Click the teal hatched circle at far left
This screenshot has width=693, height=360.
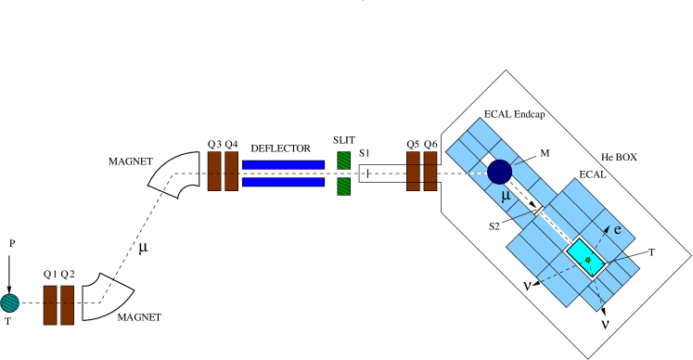pyautogui.click(x=9, y=302)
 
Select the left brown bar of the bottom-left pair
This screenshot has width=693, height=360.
pyautogui.click(x=50, y=304)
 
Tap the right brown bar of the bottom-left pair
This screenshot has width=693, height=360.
pyautogui.click(x=67, y=304)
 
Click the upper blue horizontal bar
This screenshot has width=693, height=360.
pyautogui.click(x=283, y=164)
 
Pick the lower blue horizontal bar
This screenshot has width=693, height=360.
pyautogui.click(x=283, y=182)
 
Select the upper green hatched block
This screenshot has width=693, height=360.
pyautogui.click(x=343, y=160)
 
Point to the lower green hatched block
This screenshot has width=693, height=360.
pyautogui.click(x=343, y=186)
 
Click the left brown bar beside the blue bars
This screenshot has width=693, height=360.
pyautogui.click(x=214, y=171)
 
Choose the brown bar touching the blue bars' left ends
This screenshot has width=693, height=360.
pyautogui.click(x=231, y=171)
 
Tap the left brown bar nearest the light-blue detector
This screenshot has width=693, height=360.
pyautogui.click(x=413, y=171)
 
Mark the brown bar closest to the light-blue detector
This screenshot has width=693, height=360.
pyautogui.click(x=430, y=171)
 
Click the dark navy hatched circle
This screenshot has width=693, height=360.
pyautogui.click(x=500, y=172)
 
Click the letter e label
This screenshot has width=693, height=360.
pyautogui.click(x=617, y=229)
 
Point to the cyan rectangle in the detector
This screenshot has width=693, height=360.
pyautogui.click(x=585, y=256)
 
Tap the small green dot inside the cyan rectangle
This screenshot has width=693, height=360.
pyautogui.click(x=587, y=260)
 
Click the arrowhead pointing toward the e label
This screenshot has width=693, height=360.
pyautogui.click(x=607, y=229)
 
